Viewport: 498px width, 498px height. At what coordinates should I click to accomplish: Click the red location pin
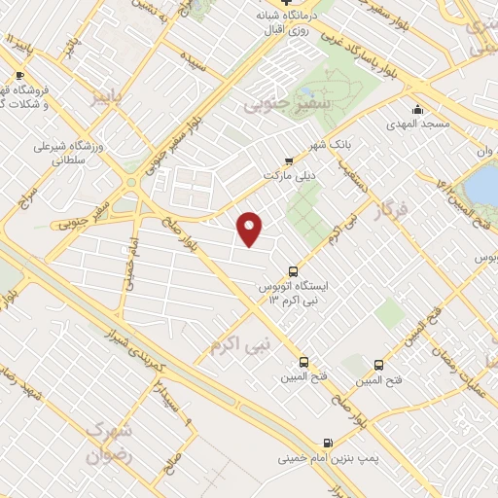point(251,228)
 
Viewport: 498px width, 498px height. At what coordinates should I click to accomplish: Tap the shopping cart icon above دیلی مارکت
point(288,161)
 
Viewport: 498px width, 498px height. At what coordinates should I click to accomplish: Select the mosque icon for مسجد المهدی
point(416,109)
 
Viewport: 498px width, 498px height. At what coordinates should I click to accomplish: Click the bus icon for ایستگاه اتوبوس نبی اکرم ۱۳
point(293,271)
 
